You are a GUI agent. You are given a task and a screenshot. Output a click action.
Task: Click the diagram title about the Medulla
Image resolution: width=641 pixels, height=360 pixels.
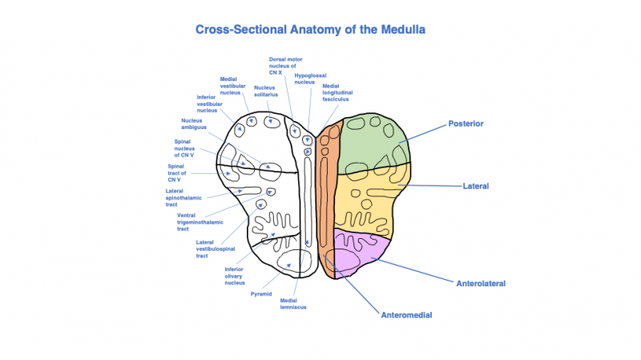tap(310, 30)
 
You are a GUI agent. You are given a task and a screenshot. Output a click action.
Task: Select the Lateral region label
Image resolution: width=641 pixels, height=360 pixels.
tap(476, 186)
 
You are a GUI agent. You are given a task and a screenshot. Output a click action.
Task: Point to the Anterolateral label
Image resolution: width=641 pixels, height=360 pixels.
tap(481, 283)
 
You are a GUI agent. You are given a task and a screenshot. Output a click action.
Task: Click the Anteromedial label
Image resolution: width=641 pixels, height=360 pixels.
tap(407, 315)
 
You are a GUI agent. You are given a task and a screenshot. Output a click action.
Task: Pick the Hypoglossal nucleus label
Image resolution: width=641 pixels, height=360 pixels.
tap(304, 78)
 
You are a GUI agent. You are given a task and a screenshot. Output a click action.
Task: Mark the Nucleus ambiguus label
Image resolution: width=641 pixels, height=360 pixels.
tap(191, 123)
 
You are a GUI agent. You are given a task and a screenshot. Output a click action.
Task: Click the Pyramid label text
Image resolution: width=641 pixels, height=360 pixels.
tap(261, 294)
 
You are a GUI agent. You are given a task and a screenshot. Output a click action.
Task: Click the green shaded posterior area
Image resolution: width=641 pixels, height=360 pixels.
tap(373, 148)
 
